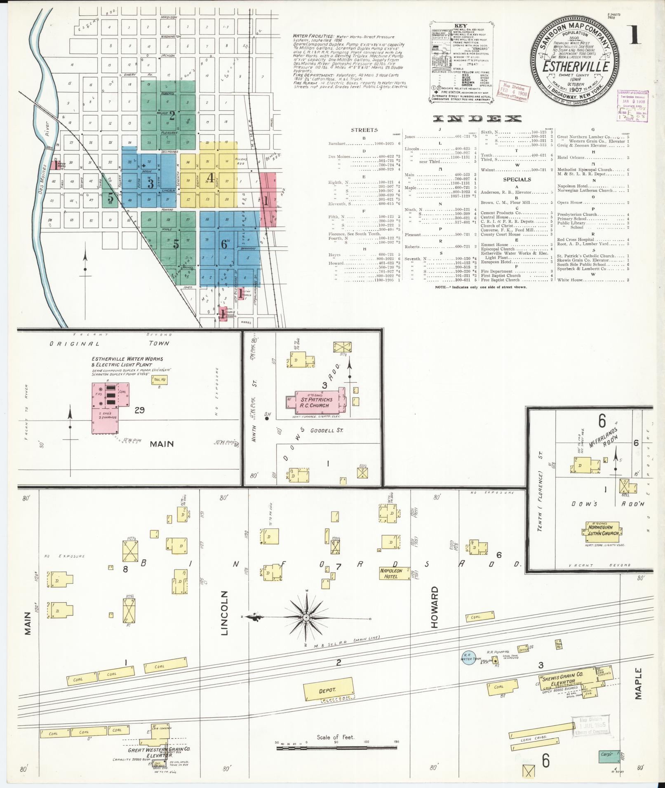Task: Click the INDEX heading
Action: point(477,119)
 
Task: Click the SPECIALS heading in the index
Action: point(517,180)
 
